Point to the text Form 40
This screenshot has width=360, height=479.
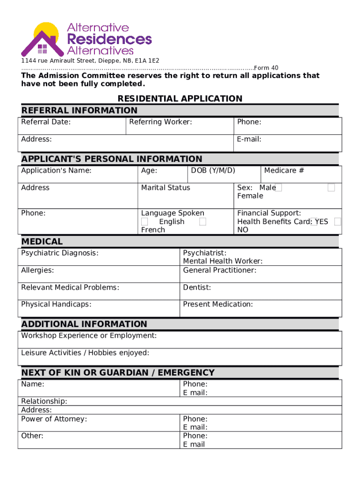[266, 68]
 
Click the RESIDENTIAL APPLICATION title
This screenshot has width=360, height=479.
[180, 99]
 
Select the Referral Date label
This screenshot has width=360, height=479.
[46, 122]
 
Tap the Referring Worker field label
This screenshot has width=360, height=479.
[160, 122]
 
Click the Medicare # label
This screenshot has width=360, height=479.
[284, 170]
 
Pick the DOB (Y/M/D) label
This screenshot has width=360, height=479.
[213, 170]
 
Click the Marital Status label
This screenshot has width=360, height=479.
[166, 188]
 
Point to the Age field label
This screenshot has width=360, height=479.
[149, 171]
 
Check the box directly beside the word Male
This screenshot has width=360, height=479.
[278, 188]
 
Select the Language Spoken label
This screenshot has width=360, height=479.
[173, 213]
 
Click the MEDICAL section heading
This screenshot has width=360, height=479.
[42, 242]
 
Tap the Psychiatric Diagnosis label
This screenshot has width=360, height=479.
[60, 253]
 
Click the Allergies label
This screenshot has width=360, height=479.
[37, 270]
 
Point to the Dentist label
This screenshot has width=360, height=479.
[197, 287]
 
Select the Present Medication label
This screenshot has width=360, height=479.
[218, 304]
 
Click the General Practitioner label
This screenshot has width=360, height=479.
[220, 270]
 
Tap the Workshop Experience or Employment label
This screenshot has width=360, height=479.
[89, 336]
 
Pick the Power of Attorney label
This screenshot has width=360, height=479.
[54, 419]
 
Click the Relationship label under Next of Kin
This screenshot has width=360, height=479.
[44, 401]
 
